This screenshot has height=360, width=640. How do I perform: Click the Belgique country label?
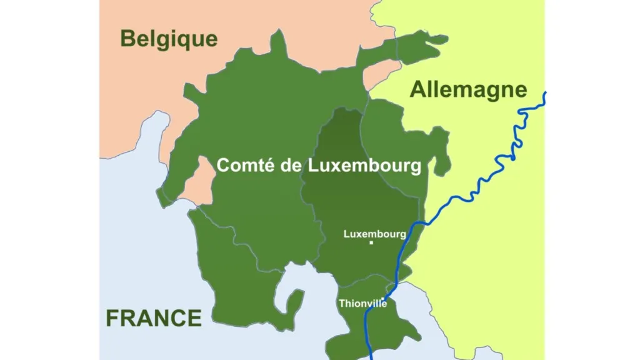[169, 39]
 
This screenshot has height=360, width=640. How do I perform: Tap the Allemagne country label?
[468, 90]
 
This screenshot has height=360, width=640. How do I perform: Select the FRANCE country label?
[154, 318]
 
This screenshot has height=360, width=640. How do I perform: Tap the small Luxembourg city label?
[374, 234]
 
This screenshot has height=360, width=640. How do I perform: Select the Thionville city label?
[362, 304]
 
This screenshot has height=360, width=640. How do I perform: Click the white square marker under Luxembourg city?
[371, 242]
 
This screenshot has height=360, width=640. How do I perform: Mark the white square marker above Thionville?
[382, 297]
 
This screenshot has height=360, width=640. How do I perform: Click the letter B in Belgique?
[127, 39]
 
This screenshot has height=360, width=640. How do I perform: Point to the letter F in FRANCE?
[112, 318]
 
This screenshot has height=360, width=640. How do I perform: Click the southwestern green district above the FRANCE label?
[237, 281]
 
